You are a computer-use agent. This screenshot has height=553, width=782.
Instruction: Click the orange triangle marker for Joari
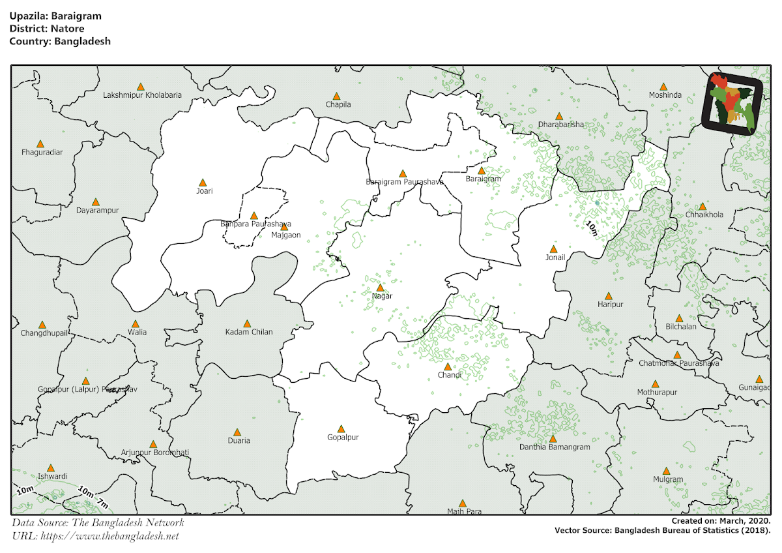point(203,183)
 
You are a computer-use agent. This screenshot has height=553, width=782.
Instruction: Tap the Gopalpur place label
point(343,438)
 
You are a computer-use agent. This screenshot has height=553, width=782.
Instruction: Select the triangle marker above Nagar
point(381,288)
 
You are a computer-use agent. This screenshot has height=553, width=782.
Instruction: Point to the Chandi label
point(450,375)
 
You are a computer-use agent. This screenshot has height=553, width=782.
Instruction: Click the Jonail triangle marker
point(553,249)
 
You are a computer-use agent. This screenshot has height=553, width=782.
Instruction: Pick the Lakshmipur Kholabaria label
point(142,95)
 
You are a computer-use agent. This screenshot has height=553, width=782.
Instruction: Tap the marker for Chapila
point(336,96)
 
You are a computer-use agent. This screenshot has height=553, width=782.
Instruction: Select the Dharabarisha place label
point(561,125)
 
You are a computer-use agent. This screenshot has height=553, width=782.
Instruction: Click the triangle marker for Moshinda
point(663,87)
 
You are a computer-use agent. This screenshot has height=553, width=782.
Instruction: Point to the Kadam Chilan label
point(249,332)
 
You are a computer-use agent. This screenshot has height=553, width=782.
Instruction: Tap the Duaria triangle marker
point(238,432)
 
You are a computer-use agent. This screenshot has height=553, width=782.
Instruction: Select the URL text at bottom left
point(95,536)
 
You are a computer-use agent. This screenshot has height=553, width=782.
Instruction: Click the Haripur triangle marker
point(608,296)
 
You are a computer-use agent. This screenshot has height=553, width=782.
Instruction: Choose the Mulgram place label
point(668,479)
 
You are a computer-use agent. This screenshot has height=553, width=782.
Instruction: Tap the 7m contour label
point(102,503)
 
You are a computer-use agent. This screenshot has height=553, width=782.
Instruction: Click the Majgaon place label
point(286,235)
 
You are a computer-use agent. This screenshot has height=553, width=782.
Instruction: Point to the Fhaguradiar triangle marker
point(40,143)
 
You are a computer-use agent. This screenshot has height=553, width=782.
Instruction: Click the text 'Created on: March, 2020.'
point(721,521)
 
